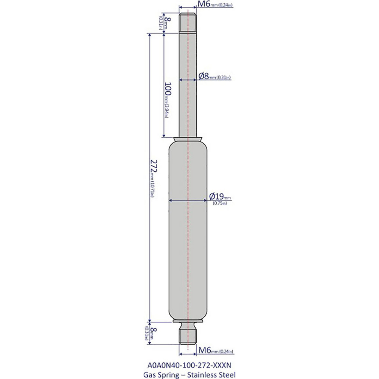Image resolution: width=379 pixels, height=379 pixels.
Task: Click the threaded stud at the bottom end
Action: pos(188,335)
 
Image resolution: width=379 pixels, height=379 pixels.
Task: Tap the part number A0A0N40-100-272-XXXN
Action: pos(188,365)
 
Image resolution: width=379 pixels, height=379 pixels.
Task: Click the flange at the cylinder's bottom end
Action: pos(188,322)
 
